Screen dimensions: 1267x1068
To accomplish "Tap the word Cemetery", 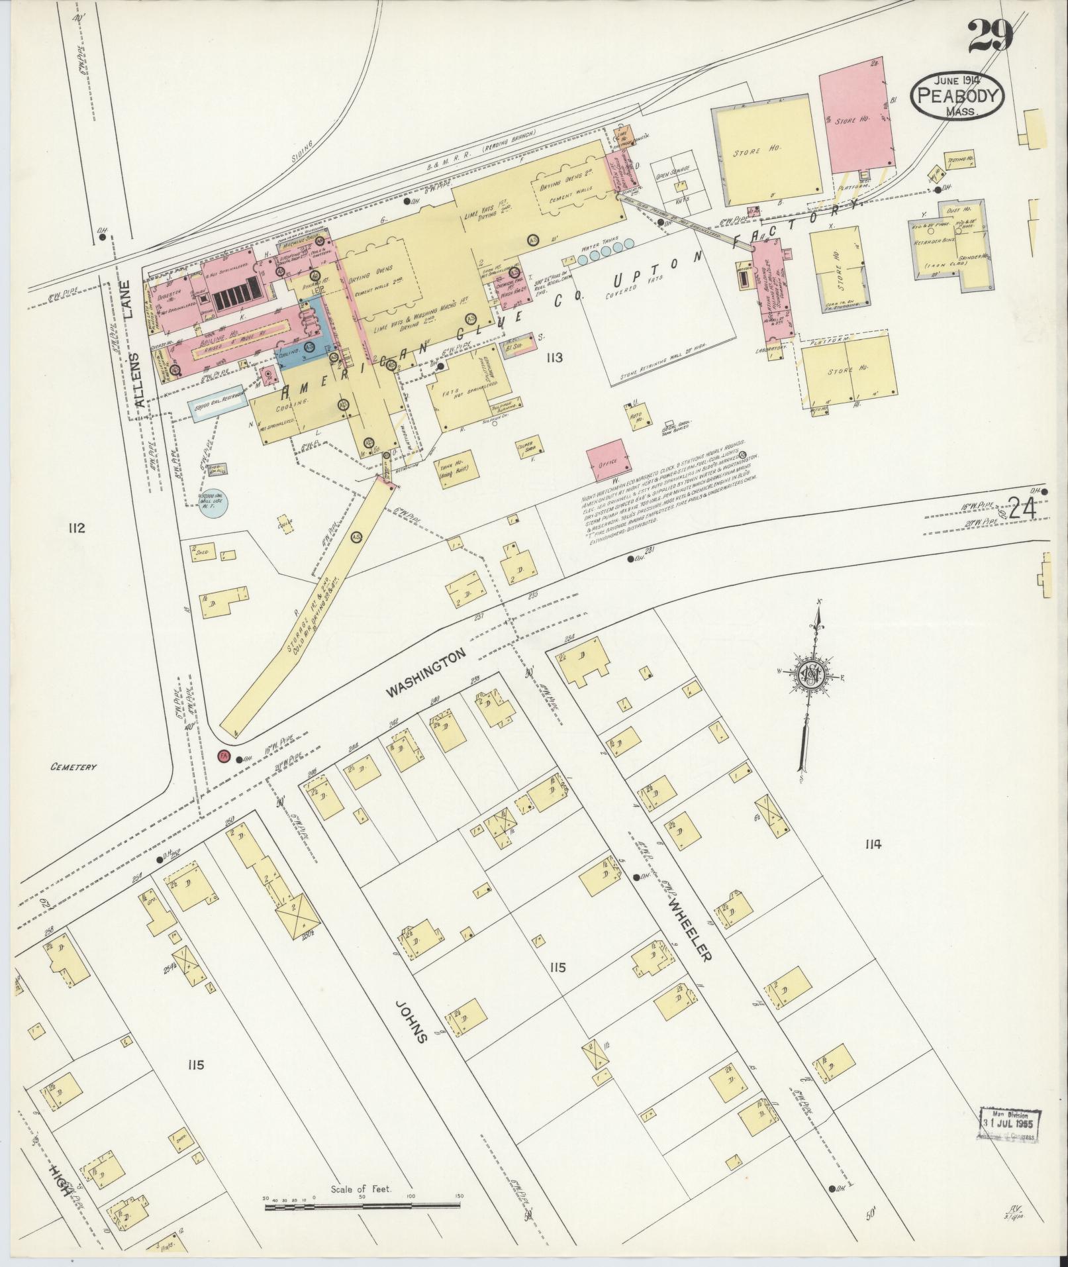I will point(73,767).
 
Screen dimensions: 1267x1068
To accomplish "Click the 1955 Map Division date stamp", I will point(1008,1125).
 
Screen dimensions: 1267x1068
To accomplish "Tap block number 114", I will point(873,844).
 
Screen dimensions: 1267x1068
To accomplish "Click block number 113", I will point(554,358).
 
